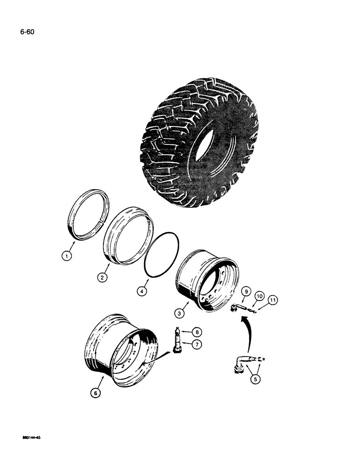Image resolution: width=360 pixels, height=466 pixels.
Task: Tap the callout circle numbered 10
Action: [260, 296]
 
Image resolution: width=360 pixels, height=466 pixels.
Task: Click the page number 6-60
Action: [27, 32]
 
